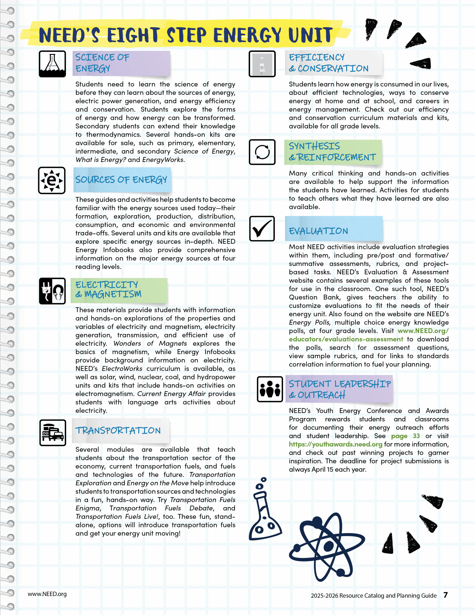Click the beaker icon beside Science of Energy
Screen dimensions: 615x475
tap(52, 64)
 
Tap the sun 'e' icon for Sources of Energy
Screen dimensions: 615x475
tap(52, 180)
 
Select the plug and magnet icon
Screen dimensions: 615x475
tap(52, 291)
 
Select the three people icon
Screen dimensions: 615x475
tap(270, 389)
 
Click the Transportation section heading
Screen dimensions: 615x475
tap(118, 430)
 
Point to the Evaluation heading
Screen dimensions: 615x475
tap(318, 231)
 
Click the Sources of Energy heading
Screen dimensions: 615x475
tap(121, 180)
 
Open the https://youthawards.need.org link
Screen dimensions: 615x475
tap(336, 444)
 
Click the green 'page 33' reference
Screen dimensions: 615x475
tap(405, 436)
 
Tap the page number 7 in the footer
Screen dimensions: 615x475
tap(445, 595)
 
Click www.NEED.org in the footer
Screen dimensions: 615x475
tap(47, 594)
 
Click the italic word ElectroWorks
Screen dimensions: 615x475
tap(122, 369)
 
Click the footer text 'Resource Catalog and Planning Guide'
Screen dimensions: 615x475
tap(388, 596)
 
